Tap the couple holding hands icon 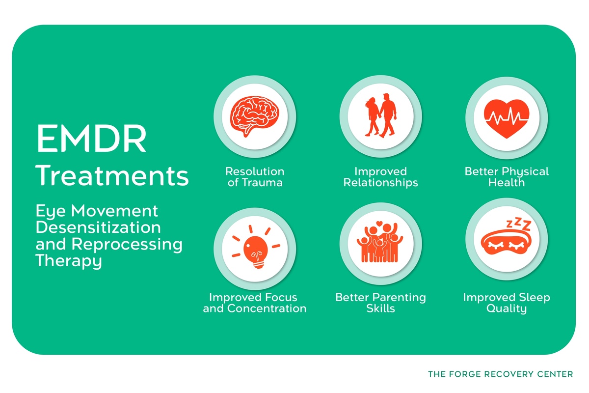pyautogui.click(x=380, y=116)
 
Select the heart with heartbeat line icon pyautogui.click(x=506, y=116)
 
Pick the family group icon pyautogui.click(x=380, y=244)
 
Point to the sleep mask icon pyautogui.click(x=506, y=243)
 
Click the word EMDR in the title pyautogui.click(x=91, y=139)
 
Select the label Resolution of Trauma pyautogui.click(x=255, y=177)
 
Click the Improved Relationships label pyautogui.click(x=380, y=177)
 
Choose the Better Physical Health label pyautogui.click(x=507, y=177)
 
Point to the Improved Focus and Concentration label pyautogui.click(x=255, y=303)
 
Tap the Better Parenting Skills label pyautogui.click(x=380, y=303)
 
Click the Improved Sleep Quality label pyautogui.click(x=507, y=303)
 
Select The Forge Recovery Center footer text pyautogui.click(x=500, y=374)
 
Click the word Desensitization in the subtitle pyautogui.click(x=98, y=228)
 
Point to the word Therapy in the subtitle pyautogui.click(x=69, y=261)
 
